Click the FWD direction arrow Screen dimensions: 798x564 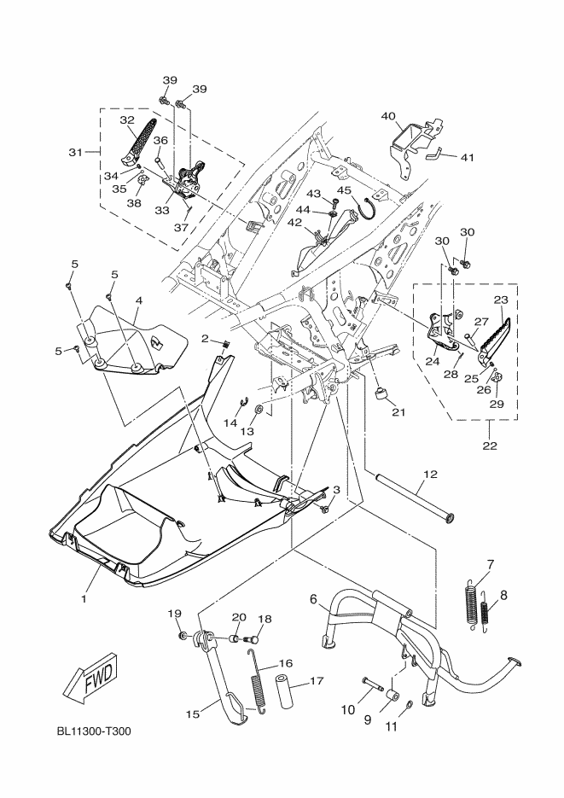pyautogui.click(x=88, y=676)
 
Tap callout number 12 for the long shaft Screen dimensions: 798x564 pyautogui.click(x=429, y=474)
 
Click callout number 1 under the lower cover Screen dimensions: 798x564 pyautogui.click(x=84, y=600)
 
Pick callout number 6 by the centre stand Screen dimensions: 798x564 pyautogui.click(x=314, y=600)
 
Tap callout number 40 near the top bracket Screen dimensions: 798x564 pyautogui.click(x=388, y=115)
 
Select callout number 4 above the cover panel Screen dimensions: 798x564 pyautogui.click(x=137, y=301)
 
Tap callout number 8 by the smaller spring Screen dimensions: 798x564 pyautogui.click(x=503, y=594)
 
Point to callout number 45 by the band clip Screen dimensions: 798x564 pyautogui.click(x=344, y=190)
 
